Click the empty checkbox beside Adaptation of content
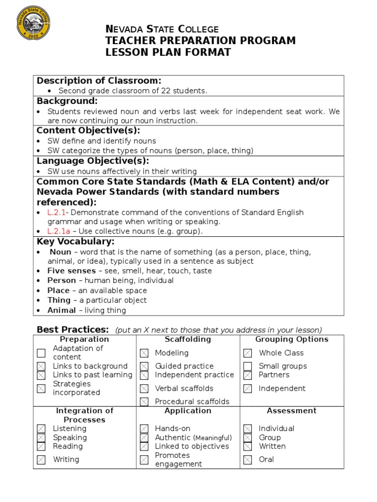pyautogui.click(x=41, y=353)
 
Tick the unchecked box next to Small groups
pyautogui.click(x=248, y=366)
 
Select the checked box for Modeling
pyautogui.click(x=144, y=353)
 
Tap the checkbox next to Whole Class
pyautogui.click(x=248, y=353)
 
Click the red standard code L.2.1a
pyautogui.click(x=58, y=231)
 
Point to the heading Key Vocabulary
pyautogui.click(x=76, y=242)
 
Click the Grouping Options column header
pyautogui.click(x=292, y=339)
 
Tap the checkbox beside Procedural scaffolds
pyautogui.click(x=144, y=402)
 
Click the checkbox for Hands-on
pyautogui.click(x=144, y=429)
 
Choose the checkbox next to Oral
pyautogui.click(x=248, y=460)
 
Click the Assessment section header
pyautogui.click(x=292, y=411)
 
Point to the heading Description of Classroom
pyautogui.click(x=99, y=81)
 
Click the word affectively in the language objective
pyautogui.click(x=140, y=172)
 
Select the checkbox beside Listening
pyautogui.click(x=41, y=429)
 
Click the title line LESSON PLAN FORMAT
pyautogui.click(x=168, y=52)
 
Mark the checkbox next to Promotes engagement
pyautogui.click(x=144, y=460)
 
